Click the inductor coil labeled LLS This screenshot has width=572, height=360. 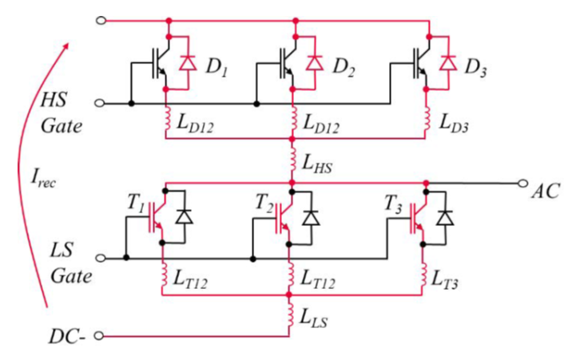pos(292,317)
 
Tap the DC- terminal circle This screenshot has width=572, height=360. pos(100,336)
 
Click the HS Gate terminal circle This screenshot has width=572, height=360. pos(100,103)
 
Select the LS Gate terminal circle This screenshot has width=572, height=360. pos(100,258)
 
